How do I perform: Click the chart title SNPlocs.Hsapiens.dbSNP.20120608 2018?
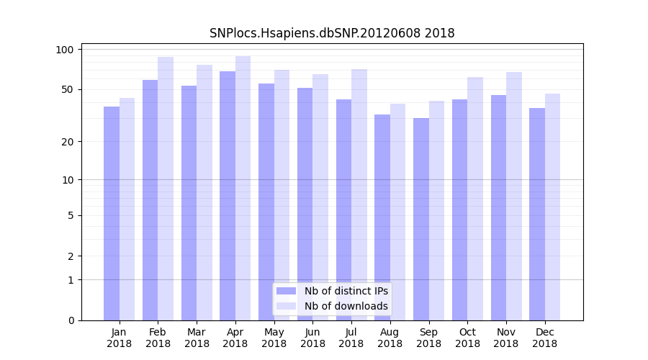pos(332,33)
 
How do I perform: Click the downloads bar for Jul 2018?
pos(359,194)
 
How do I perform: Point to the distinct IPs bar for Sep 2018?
pos(421,219)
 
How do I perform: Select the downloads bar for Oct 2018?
pos(475,199)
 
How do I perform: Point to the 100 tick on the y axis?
pos(66,50)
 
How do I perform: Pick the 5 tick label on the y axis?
pos(71,215)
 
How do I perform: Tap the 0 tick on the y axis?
pos(71,320)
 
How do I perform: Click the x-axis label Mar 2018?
pos(197,338)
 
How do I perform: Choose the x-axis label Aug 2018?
pos(390,338)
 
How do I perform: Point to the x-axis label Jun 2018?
pos(312,338)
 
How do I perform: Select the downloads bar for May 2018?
pos(282,195)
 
